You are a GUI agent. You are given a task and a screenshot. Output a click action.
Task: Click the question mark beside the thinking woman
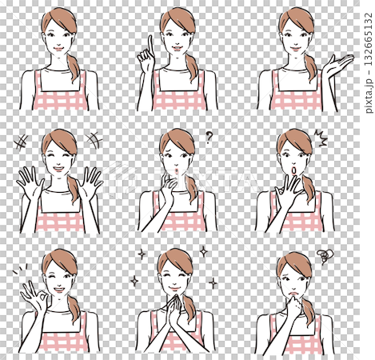coord(209,137)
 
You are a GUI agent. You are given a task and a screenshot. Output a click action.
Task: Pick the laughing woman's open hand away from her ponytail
coord(30,182)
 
